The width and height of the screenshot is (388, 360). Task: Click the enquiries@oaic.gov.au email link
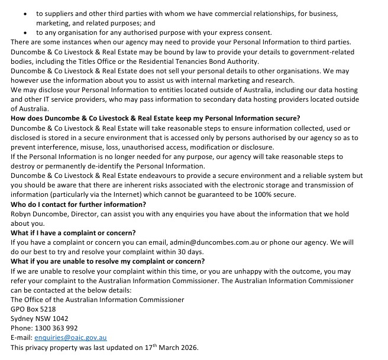point(70,337)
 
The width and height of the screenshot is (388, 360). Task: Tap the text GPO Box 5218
point(33,309)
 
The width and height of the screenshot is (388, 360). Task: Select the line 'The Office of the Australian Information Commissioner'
point(98,299)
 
